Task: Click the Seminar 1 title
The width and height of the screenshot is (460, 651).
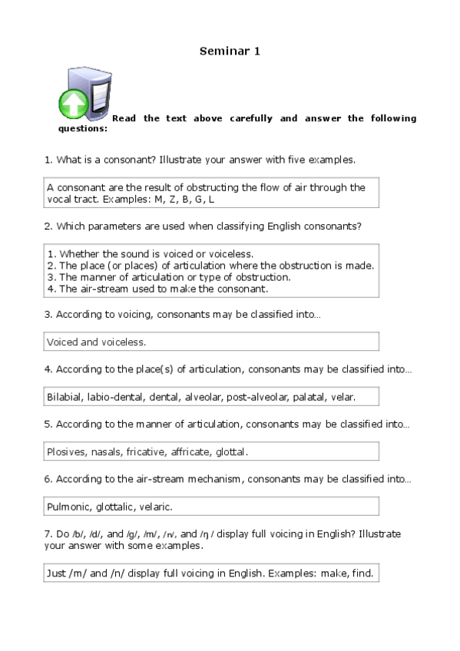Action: [230, 51]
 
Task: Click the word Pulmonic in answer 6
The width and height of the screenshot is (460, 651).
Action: [68, 507]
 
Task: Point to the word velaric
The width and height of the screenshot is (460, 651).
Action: [156, 507]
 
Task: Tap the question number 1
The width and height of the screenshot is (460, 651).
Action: [48, 160]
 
